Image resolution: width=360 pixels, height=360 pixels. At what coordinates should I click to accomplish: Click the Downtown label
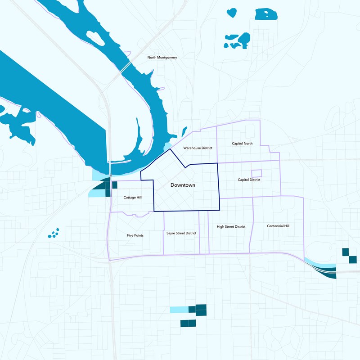click(183, 185)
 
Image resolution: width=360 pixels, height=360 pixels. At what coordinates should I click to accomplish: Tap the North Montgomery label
click(162, 58)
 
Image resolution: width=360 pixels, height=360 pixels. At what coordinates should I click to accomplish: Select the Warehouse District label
click(198, 148)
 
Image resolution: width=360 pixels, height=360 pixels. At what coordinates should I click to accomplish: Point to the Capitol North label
click(242, 144)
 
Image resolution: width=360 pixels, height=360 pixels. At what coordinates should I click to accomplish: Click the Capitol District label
click(249, 180)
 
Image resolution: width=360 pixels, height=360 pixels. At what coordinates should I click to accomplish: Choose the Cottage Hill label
click(133, 197)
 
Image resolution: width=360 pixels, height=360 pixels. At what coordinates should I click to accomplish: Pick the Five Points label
click(135, 235)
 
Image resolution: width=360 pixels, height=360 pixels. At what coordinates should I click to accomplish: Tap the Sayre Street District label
click(181, 233)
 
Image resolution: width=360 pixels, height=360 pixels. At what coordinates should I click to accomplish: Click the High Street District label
click(231, 227)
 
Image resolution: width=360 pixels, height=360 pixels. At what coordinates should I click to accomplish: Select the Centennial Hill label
click(278, 226)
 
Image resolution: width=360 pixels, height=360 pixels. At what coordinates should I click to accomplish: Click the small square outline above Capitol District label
click(256, 173)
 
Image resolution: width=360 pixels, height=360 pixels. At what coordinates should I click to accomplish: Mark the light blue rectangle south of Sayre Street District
click(179, 309)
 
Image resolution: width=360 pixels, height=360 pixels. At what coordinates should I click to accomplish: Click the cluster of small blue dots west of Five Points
click(54, 234)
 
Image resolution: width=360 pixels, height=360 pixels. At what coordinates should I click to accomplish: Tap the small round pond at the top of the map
click(231, 12)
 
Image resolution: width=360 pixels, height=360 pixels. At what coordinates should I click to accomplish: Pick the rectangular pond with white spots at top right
click(266, 14)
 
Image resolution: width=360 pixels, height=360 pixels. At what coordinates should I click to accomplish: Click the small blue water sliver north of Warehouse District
click(184, 131)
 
